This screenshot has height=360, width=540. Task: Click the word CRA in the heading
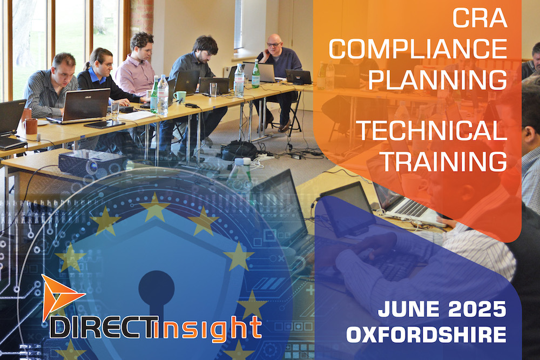(x=480, y=18)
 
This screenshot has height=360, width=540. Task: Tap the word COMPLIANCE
(x=418, y=49)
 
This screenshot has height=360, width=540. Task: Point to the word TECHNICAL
(x=432, y=131)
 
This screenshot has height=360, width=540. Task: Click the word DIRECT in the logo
(x=102, y=327)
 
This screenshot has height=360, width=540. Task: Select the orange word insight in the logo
(x=208, y=329)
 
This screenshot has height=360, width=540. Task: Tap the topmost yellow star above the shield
(x=154, y=207)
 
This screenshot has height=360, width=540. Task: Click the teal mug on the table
(x=179, y=96)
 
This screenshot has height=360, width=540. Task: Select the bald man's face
(x=274, y=45)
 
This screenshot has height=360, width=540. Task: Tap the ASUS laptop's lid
(x=86, y=105)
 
